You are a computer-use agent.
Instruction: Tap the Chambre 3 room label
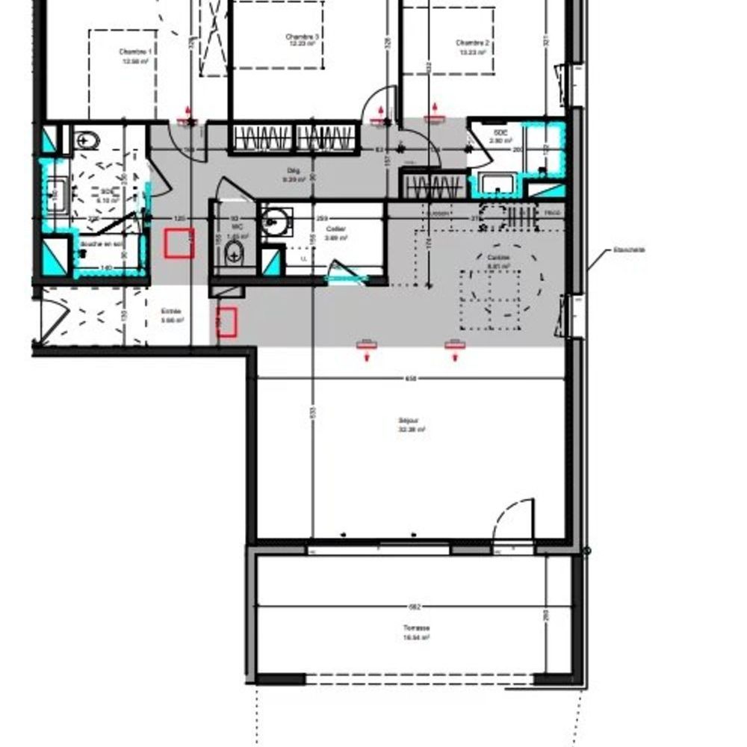303,37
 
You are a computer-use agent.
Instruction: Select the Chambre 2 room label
473,43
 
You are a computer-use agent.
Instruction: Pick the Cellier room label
336,229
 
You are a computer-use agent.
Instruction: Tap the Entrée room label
172,312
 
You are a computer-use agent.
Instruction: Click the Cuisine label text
498,258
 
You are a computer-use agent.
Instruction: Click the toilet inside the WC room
235,253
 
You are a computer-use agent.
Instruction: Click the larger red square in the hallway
179,244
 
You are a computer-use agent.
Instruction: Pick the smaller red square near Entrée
227,321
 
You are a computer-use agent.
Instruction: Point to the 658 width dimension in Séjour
411,379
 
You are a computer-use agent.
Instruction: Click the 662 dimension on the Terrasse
416,607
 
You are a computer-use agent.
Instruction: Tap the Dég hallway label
294,171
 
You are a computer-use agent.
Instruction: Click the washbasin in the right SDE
494,183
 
